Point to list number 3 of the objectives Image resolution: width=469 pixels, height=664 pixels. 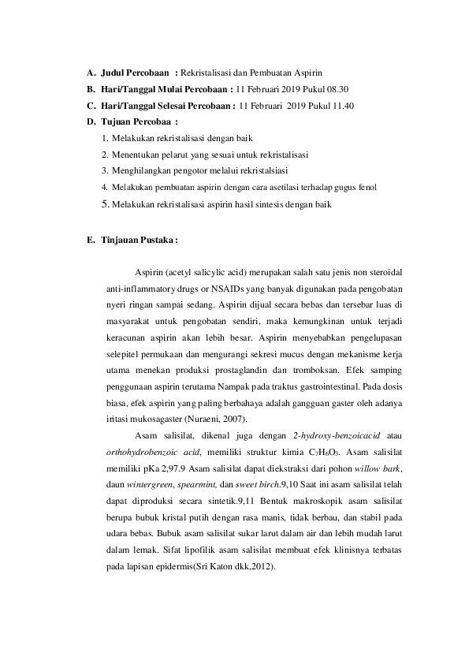coord(105,170)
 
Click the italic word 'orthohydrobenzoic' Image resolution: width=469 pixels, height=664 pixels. coord(140,452)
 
